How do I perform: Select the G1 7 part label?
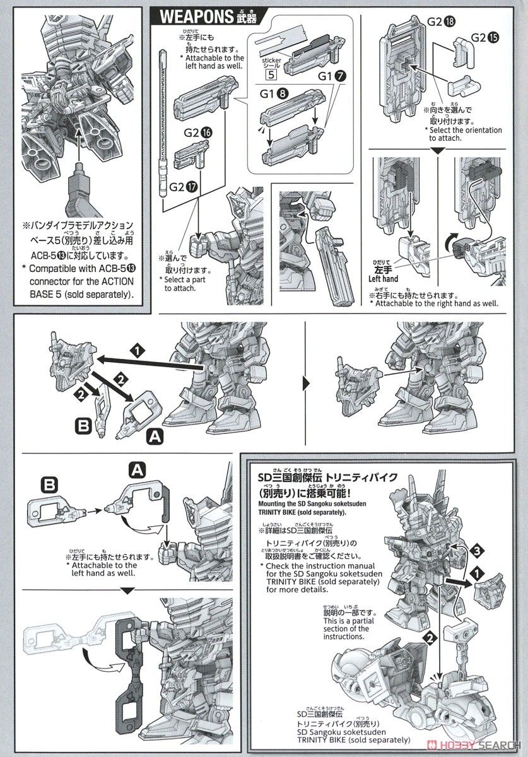tap(332, 76)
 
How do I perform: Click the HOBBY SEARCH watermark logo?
tap(485, 746)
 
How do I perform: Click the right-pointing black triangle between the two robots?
tap(307, 383)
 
